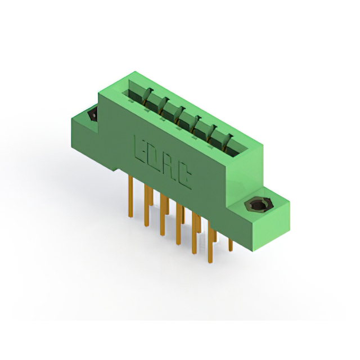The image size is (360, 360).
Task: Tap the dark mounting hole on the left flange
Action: click(x=93, y=114)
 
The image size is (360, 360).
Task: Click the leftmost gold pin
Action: click(x=130, y=196)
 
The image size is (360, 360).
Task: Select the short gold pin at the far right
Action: click(x=231, y=245)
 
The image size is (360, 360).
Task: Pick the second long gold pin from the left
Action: click(x=146, y=206)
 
